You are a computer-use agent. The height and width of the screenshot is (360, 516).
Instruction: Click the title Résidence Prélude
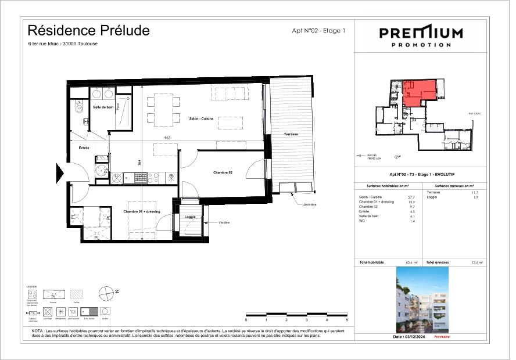click(88, 30)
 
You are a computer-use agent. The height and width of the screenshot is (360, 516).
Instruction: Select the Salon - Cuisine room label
click(201, 118)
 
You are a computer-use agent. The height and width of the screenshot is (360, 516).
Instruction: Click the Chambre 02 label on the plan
click(223, 172)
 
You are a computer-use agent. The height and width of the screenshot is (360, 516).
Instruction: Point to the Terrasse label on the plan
click(291, 134)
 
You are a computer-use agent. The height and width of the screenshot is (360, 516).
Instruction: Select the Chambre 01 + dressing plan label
click(141, 211)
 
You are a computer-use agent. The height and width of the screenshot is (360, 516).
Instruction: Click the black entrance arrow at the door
click(60, 173)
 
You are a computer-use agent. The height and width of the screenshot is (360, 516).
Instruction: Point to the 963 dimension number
click(167, 138)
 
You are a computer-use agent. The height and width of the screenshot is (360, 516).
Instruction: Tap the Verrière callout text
click(225, 223)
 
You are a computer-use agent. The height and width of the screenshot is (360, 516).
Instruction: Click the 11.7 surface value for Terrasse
click(474, 192)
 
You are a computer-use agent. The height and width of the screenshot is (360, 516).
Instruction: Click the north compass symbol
click(106, 294)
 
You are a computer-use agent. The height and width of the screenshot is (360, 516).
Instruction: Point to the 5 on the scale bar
click(347, 320)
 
